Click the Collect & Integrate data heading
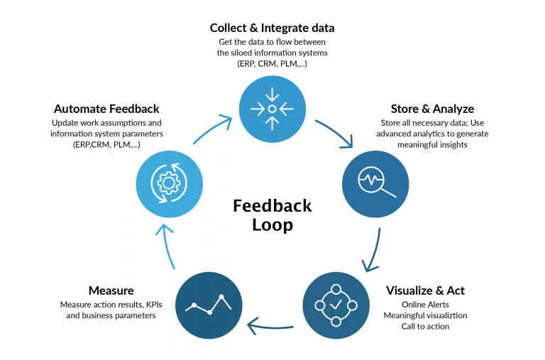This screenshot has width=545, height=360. click(x=272, y=28)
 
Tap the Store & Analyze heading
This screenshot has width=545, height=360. click(x=432, y=109)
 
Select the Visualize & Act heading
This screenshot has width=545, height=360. click(x=425, y=290)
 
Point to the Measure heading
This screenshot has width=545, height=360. click(x=111, y=290)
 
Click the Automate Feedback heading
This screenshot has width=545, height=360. click(x=106, y=109)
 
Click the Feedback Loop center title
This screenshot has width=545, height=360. click(x=272, y=215)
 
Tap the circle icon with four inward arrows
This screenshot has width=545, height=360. click(x=272, y=109)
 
